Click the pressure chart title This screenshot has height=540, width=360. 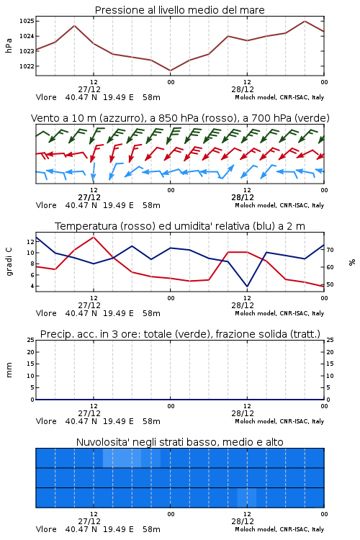point(179,10)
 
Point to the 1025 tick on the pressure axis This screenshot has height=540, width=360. point(27,21)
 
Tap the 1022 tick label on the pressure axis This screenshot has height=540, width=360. point(27,66)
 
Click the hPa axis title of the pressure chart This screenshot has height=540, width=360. point(9,45)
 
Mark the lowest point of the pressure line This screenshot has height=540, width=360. point(170,71)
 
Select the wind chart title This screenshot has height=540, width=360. point(180,118)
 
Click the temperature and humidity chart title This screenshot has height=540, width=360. point(180,226)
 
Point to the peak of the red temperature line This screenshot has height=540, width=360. point(94,237)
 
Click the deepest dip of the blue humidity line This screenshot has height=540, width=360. point(247,286)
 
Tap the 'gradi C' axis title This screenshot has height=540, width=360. point(9,261)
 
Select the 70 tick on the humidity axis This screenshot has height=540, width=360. point(330,250)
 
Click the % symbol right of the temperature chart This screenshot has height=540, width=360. point(352,262)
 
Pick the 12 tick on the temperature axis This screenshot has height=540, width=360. point(31,242)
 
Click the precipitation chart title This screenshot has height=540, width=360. point(180,334)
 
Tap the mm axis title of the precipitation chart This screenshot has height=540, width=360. point(9,369)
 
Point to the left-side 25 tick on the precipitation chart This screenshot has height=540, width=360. point(31,340)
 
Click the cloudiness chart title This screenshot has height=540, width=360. point(179,442)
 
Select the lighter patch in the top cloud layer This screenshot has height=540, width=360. point(132,459)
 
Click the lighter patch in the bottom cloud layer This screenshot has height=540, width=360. point(247,498)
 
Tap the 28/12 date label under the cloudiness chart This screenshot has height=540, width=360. point(243,521)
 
